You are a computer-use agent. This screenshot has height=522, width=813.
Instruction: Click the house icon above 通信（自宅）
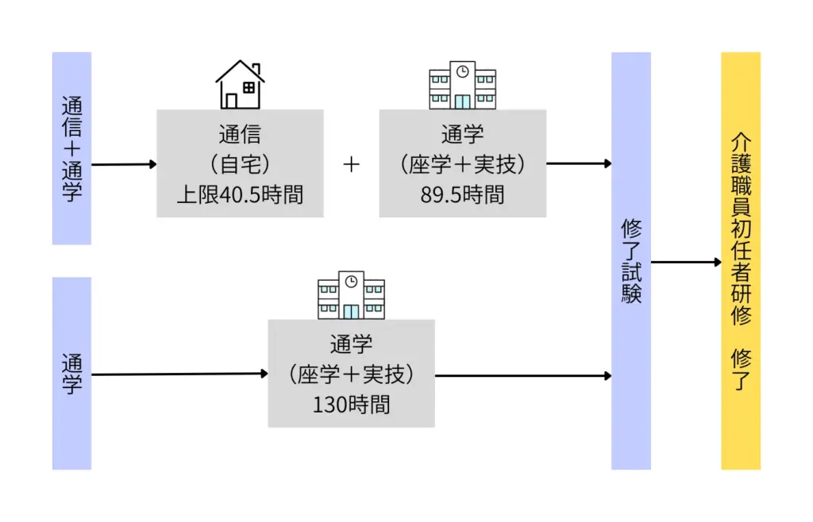[240, 84]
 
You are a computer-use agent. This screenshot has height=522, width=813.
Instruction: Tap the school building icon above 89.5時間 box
[462, 85]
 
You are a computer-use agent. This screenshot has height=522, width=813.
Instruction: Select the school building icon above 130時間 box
[351, 294]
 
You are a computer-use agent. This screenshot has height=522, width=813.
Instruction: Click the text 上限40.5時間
[240, 194]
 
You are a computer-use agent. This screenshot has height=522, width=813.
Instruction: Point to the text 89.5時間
[462, 194]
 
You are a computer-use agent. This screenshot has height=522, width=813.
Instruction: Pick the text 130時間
[351, 404]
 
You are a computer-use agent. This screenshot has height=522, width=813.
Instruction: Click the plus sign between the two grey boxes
[352, 164]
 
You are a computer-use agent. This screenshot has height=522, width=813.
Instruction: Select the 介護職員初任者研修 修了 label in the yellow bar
[740, 260]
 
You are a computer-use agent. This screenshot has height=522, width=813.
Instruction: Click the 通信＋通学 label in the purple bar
[71, 148]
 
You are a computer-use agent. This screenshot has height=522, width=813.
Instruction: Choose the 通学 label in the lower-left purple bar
[71, 374]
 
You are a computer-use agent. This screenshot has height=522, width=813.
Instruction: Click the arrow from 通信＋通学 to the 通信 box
[124, 165]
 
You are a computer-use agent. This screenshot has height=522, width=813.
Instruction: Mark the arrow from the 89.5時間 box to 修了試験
[579, 164]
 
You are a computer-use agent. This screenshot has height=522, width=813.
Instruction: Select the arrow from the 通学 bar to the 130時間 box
[179, 374]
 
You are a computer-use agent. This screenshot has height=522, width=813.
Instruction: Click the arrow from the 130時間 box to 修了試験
[523, 375]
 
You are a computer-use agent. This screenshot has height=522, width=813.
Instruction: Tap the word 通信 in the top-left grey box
[240, 134]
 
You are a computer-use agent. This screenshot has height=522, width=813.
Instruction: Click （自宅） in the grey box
[240, 164]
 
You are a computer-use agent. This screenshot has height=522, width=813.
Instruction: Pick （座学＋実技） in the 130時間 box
[351, 374]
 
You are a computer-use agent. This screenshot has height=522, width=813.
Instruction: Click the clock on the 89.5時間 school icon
[462, 72]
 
